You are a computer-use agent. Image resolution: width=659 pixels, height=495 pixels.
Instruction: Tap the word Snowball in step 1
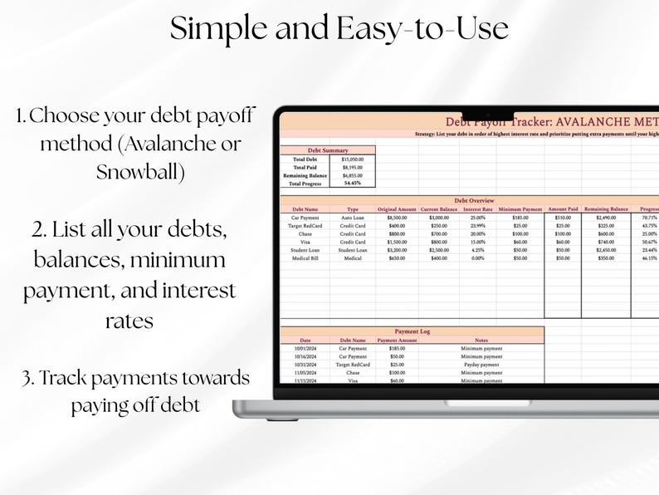(140, 172)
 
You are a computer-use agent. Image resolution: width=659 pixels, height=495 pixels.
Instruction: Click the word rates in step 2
(129, 321)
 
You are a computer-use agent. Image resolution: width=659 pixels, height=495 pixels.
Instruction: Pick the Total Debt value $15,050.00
(353, 159)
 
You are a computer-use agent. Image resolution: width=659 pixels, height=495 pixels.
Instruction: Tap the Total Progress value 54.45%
(353, 183)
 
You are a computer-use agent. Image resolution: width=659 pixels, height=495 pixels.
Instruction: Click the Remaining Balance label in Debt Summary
(305, 175)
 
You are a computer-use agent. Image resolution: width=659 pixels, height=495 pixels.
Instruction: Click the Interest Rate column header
(478, 208)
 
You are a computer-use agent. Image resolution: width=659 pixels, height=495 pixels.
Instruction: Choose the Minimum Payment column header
(520, 208)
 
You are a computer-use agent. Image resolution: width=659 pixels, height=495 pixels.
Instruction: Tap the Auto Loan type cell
(353, 217)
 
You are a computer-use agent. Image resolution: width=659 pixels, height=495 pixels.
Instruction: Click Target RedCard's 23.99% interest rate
(478, 225)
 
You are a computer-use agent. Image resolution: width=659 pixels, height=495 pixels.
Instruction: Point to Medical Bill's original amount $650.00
(396, 258)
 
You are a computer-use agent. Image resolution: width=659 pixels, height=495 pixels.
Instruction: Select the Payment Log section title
(412, 331)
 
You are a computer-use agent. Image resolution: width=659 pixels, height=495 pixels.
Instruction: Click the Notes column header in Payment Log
(481, 340)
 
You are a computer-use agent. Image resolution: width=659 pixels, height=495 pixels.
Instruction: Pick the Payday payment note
(481, 365)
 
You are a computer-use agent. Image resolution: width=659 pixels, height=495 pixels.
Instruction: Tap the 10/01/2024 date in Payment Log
(305, 348)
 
